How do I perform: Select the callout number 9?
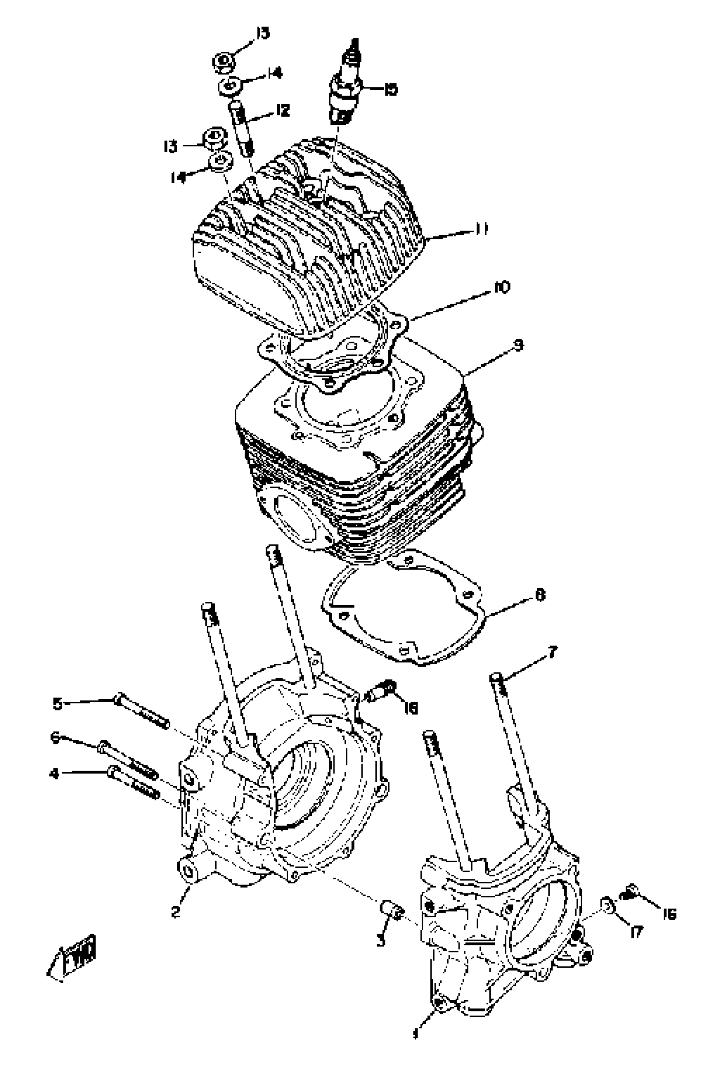click(518, 345)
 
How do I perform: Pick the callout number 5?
click(57, 703)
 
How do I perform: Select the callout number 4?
click(54, 774)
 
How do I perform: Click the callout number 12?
click(282, 110)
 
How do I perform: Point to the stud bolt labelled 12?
click(243, 129)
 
